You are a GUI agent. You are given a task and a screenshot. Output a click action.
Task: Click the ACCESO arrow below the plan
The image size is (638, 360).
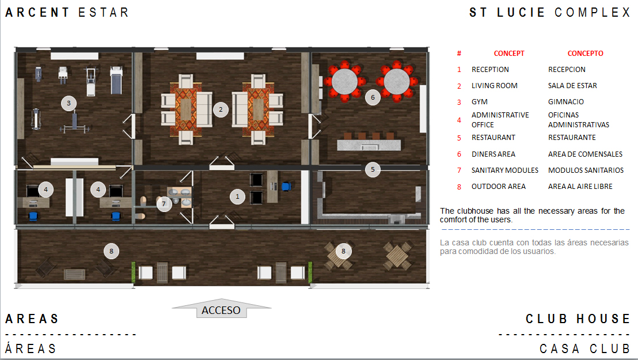tap(221, 309)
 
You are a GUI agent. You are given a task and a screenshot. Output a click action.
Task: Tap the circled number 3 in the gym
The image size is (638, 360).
tap(69, 103)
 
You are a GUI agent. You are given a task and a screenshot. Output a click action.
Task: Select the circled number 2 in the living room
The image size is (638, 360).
tap(221, 109)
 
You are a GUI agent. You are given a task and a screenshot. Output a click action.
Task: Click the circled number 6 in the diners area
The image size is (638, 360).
tap(373, 97)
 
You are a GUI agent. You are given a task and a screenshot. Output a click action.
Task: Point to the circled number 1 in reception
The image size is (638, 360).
tap(238, 196)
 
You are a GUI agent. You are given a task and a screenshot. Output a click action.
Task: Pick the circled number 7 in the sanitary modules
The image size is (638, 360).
tap(164, 204)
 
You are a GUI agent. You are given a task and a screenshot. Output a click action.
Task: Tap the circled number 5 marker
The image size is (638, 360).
tap(373, 169)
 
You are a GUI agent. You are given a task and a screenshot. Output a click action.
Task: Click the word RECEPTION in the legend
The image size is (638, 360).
tap(490, 70)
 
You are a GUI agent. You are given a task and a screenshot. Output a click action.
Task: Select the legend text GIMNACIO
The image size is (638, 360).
tap(566, 102)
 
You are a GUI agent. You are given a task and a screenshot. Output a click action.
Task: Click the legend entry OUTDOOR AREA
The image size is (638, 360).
tap(499, 187)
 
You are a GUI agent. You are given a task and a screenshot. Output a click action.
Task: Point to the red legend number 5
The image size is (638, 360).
tap(459, 138)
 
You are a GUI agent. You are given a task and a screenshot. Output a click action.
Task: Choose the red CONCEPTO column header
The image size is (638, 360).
tap(586, 54)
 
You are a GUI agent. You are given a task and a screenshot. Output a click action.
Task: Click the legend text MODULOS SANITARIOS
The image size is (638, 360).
tap(586, 170)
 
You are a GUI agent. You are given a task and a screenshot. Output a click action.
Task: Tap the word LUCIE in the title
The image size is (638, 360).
tap(521, 12)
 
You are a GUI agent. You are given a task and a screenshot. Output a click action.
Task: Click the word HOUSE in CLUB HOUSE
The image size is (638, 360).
tap(603, 319)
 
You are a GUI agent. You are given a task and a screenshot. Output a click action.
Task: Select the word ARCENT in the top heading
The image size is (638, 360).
tap(37, 12)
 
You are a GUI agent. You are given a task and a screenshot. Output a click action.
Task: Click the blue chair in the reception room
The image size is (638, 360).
tap(286, 187)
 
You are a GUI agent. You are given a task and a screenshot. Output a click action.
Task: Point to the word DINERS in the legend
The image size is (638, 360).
tap(483, 154)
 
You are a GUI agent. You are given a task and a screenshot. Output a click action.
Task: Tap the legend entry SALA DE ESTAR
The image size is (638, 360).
tap(572, 86)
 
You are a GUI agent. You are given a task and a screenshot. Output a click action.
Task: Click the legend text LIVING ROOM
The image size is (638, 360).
tap(495, 86)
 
